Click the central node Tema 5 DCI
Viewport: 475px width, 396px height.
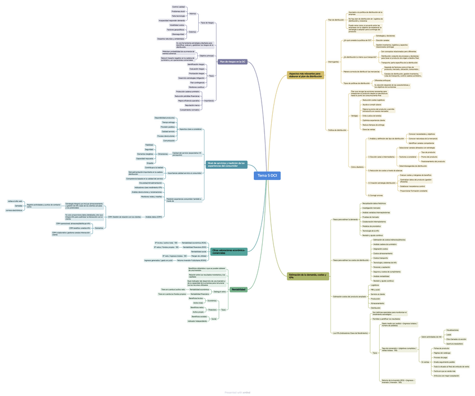(x=267, y=176)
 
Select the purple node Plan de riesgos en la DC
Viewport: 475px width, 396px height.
(x=232, y=62)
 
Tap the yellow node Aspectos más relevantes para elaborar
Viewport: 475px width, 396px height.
(x=306, y=74)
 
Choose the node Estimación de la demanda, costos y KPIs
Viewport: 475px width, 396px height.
(x=308, y=276)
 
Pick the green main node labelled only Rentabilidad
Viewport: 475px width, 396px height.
(x=239, y=289)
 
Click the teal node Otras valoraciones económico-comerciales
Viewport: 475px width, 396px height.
(x=229, y=251)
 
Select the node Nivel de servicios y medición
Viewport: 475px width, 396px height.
(x=227, y=165)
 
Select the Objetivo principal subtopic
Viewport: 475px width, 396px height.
(x=207, y=56)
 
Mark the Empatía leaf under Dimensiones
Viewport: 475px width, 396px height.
(x=150, y=163)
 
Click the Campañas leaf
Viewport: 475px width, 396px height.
(x=19, y=206)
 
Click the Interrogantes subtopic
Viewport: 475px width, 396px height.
(x=333, y=62)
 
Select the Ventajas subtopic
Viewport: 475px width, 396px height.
(x=354, y=115)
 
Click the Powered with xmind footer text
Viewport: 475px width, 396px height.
(x=237, y=393)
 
